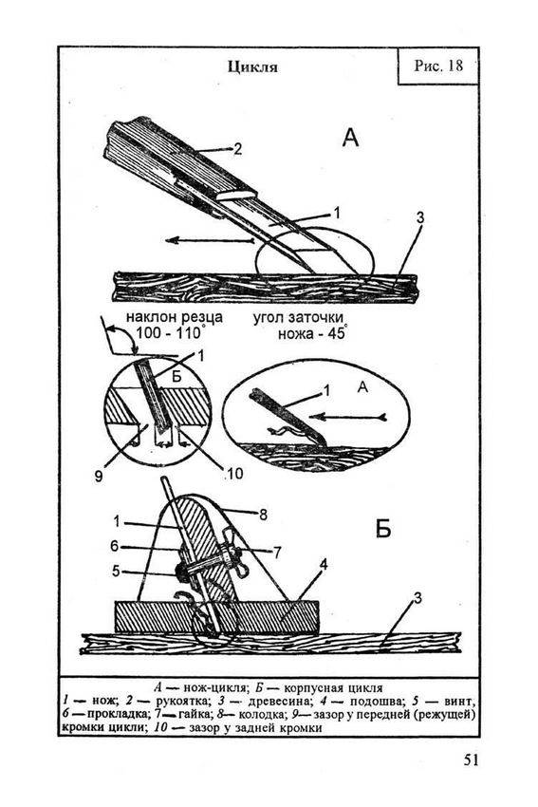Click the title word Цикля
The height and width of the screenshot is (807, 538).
(252, 67)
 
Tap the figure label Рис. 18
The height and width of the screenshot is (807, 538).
(438, 66)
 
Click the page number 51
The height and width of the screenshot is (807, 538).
(472, 760)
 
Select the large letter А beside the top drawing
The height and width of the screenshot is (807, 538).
(350, 138)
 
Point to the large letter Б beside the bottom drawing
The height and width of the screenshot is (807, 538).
(382, 529)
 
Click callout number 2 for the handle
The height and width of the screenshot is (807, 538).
(237, 149)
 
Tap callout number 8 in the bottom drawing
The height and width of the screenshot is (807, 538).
(263, 515)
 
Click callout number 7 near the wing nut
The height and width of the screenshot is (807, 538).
(277, 553)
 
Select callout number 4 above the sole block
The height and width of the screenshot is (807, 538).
(323, 565)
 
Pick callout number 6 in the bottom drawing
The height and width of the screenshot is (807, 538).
(115, 546)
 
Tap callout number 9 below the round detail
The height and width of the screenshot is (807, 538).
(99, 476)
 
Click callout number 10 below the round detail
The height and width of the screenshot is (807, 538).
(234, 473)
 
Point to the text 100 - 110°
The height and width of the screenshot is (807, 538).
(170, 332)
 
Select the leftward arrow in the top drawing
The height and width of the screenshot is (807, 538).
(210, 240)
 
